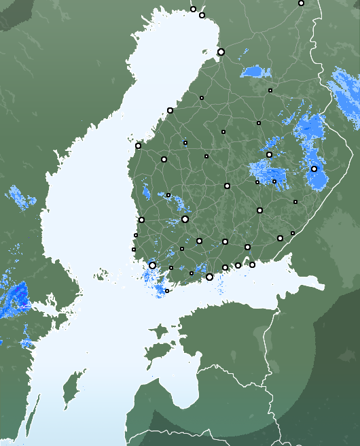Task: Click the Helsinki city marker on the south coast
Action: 209,277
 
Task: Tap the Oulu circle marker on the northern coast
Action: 221,52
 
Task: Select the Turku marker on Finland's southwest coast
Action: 152,265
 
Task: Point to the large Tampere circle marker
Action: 185,219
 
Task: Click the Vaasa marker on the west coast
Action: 138,145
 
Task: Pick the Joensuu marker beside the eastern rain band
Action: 314,169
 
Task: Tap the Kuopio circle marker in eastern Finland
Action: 269,155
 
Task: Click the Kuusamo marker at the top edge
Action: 301,3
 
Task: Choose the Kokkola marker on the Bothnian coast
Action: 170,110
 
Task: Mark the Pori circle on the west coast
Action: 141,220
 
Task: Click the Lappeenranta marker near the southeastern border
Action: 280,238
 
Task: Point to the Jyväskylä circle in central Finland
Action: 227,186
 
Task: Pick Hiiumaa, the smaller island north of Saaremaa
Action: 158,331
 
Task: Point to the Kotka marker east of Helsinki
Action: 252,264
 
